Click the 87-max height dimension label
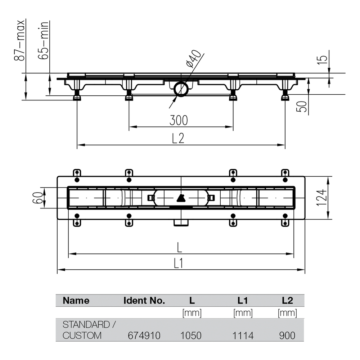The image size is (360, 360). tap(19, 40)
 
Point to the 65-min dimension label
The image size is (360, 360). tap(44, 40)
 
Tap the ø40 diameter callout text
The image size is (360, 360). tap(194, 59)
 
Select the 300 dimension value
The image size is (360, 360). tap(179, 120)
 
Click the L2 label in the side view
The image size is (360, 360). tap(178, 138)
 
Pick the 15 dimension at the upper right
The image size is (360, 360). tap(322, 60)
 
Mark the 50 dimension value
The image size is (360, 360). tap(301, 107)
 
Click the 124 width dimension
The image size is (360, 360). tap(321, 198)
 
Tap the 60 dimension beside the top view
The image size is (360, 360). tap(38, 198)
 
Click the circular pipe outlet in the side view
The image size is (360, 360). tap(181, 89)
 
